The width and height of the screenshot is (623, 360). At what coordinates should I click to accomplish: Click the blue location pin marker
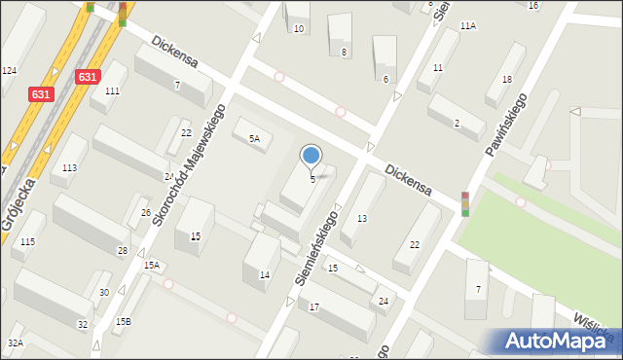pyautogui.click(x=311, y=156)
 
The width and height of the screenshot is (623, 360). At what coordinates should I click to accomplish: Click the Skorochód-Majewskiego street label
pyautogui.click(x=185, y=165)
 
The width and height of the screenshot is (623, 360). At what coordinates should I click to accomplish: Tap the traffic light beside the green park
pyautogui.click(x=465, y=202)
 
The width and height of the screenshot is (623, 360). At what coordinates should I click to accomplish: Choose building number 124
pyautogui.click(x=10, y=71)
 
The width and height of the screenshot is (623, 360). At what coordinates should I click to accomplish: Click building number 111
pyautogui.click(x=112, y=90)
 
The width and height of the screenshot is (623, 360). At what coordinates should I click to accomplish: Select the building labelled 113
pyautogui.click(x=69, y=168)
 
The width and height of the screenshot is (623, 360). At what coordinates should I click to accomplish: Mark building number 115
pyautogui.click(x=27, y=241)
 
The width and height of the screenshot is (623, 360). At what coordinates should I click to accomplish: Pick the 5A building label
pyautogui.click(x=254, y=139)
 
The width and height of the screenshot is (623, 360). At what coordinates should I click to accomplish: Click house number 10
pyautogui.click(x=299, y=29)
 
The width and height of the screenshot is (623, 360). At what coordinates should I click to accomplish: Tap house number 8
pyautogui.click(x=344, y=52)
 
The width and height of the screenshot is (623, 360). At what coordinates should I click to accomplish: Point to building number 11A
pyautogui.click(x=468, y=25)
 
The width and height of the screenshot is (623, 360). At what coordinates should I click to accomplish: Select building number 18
pyautogui.click(x=506, y=79)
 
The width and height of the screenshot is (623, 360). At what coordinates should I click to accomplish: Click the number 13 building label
pyautogui.click(x=361, y=219)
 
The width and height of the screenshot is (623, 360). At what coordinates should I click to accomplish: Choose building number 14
pyautogui.click(x=264, y=275)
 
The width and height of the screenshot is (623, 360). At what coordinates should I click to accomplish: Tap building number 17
pyautogui.click(x=313, y=307)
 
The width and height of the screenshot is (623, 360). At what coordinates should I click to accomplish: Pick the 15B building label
pyautogui.click(x=123, y=321)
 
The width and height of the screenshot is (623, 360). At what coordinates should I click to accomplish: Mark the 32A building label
pyautogui.click(x=16, y=342)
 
